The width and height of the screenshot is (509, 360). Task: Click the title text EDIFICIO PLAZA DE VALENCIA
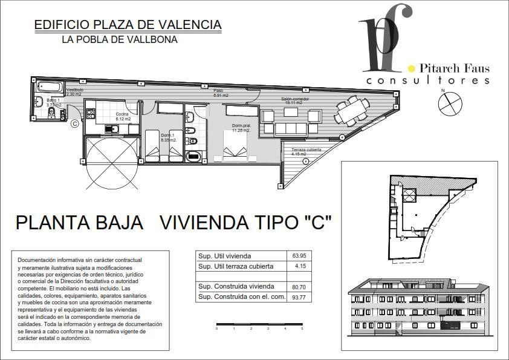pos(128,25)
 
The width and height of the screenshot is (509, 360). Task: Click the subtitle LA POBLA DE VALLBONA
pos(120,40)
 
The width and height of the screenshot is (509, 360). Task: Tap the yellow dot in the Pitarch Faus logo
pos(412,69)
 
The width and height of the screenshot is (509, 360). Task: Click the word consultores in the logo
pos(427,80)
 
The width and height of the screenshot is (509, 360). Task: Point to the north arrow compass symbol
pos(449,103)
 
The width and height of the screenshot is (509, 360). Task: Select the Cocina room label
pos(123,117)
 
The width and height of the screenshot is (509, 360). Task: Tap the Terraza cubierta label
pos(306,151)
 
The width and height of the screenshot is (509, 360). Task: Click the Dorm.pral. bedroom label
pos(242,128)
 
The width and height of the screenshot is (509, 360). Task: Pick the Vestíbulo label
pos(74,92)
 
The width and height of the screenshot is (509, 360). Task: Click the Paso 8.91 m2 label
pos(220,93)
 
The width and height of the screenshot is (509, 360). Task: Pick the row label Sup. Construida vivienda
pos(236,286)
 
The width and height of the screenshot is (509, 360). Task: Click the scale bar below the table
pos(259,326)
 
